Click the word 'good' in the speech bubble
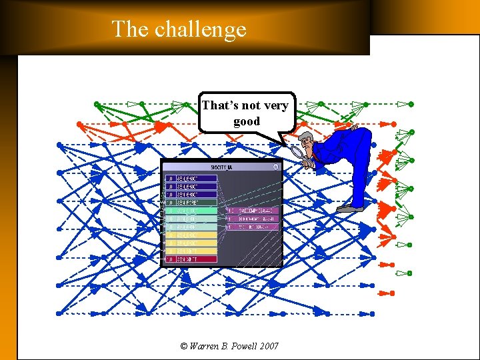point(247,122)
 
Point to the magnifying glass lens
point(297,152)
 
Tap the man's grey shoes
point(349,209)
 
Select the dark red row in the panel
point(191,259)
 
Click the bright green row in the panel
point(191,211)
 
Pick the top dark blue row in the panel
point(191,179)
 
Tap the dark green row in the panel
point(191,203)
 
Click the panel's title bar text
point(221,168)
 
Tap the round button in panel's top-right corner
point(276,167)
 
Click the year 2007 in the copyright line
point(269,346)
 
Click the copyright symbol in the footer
point(184,346)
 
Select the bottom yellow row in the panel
point(191,251)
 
